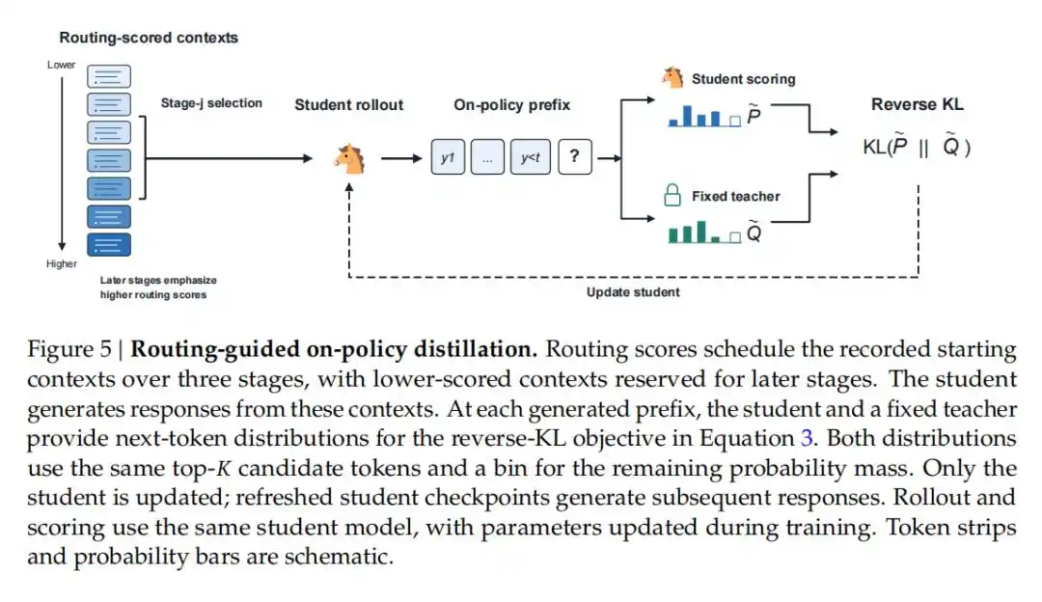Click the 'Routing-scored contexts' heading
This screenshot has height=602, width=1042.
coord(149,38)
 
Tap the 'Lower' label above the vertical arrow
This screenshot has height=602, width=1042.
coord(61,65)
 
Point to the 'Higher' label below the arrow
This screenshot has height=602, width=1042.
coord(62,263)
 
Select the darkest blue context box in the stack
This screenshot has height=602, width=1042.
coord(109,245)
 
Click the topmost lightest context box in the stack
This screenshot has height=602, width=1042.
coord(109,76)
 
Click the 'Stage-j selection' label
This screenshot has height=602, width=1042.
coord(211,103)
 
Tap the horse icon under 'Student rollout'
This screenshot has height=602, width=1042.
coord(350,159)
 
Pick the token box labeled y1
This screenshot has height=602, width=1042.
coord(448,157)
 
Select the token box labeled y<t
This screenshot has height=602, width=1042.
coord(531,157)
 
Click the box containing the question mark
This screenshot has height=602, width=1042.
coord(575,157)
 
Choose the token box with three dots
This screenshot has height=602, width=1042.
coord(488,157)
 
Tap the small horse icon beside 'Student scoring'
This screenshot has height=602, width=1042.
coord(672,78)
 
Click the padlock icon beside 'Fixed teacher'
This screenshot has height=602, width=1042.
coord(672,195)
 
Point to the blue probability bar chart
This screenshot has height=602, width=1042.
coord(704,117)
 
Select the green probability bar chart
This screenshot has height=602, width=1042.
coord(704,233)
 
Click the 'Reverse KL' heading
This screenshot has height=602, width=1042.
coord(918,104)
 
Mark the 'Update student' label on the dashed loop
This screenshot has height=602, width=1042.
coord(633,292)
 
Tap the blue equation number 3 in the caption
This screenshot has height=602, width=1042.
coord(807,439)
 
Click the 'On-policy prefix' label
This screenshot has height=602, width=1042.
coord(511,105)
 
